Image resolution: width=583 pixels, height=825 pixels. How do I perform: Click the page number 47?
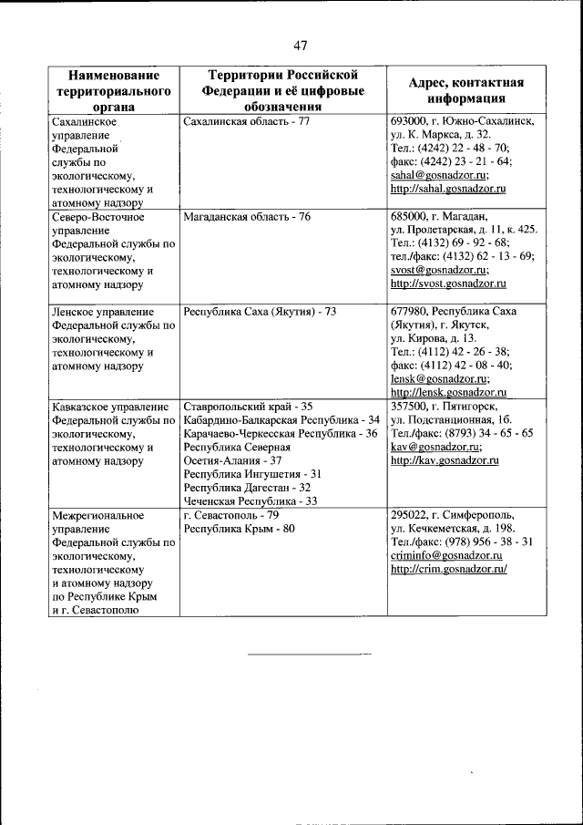tap(301, 46)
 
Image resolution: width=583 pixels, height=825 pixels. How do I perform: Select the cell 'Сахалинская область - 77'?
tap(247, 120)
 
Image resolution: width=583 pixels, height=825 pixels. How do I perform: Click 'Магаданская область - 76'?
tap(247, 216)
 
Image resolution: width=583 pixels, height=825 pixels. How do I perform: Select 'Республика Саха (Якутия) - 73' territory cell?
tap(260, 311)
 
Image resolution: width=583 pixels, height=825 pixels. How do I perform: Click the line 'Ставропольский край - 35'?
tap(248, 406)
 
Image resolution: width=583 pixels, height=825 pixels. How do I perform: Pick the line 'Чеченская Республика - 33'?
tap(251, 500)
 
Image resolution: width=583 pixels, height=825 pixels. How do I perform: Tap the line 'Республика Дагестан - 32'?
tap(247, 487)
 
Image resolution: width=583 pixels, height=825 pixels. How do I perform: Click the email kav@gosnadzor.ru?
tap(435, 447)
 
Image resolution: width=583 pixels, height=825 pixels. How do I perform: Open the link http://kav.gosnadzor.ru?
tap(444, 460)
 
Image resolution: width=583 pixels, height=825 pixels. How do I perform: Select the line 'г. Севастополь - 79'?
tap(230, 514)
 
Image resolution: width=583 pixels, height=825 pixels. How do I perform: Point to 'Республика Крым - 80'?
tap(239, 528)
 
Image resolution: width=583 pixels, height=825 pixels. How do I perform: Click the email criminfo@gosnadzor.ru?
tap(447, 554)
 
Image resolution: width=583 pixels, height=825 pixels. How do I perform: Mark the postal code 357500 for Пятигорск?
tap(408, 406)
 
